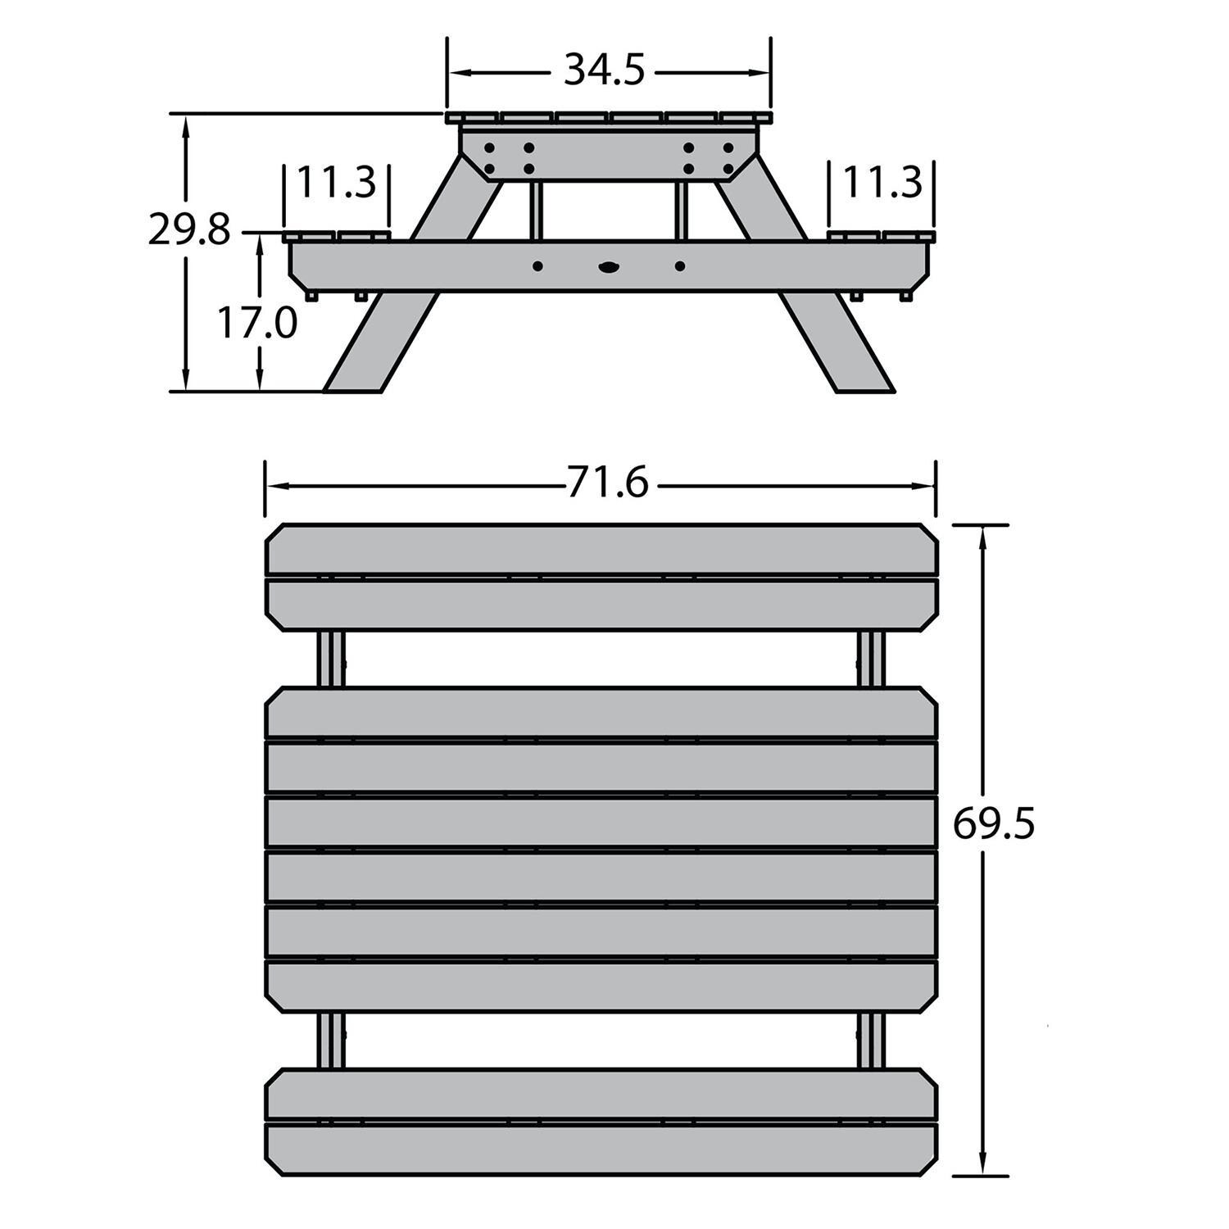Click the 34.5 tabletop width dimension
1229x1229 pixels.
(604, 71)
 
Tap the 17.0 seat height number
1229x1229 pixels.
(256, 323)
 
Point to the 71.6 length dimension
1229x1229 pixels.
(607, 483)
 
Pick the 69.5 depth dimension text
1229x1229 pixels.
(993, 824)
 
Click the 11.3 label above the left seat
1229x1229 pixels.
(336, 182)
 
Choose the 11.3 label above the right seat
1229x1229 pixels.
(882, 182)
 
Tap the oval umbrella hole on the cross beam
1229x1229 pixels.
(609, 266)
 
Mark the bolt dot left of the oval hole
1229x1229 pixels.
(538, 266)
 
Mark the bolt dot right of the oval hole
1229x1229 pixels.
(680, 266)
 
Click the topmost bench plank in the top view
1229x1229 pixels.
(601, 549)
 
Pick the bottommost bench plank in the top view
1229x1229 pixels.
(601, 1150)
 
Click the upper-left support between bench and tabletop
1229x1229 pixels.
(330, 659)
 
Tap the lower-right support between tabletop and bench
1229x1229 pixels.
(872, 1040)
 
